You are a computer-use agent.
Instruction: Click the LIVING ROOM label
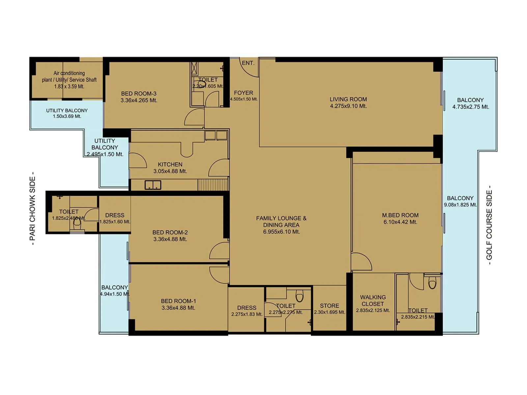pyautogui.click(x=348, y=99)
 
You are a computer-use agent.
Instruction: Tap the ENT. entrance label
pyautogui.click(x=248, y=63)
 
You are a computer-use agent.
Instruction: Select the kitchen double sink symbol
pyautogui.click(x=153, y=185)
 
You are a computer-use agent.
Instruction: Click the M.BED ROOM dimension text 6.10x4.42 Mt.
pyautogui.click(x=400, y=222)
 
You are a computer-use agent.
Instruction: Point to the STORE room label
pyautogui.click(x=329, y=305)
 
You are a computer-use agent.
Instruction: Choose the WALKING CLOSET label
pyautogui.click(x=373, y=301)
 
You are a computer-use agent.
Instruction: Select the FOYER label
pyautogui.click(x=243, y=93)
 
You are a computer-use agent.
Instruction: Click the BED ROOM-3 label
pyautogui.click(x=139, y=93)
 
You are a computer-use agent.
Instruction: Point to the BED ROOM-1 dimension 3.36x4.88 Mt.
pyautogui.click(x=178, y=308)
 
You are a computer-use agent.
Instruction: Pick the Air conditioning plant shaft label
pyautogui.click(x=69, y=76)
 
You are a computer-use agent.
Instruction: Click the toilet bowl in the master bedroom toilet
pyautogui.click(x=432, y=283)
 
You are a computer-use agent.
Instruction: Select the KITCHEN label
pyautogui.click(x=170, y=164)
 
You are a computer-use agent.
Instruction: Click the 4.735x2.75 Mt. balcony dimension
pyautogui.click(x=470, y=107)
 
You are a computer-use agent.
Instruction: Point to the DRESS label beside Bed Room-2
pyautogui.click(x=115, y=215)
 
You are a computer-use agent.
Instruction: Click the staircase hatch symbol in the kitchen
pyautogui.click(x=212, y=185)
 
